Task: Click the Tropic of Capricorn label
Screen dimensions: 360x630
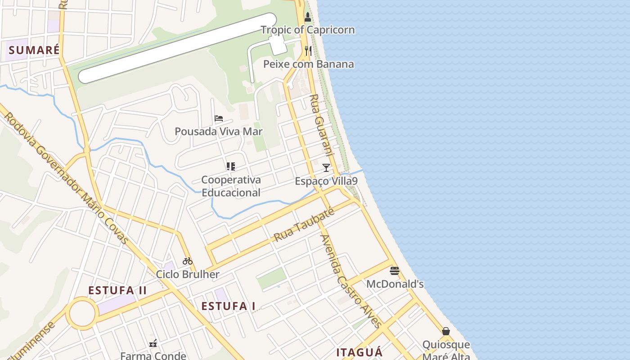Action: [308, 30]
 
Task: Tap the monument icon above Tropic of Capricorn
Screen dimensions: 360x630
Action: [308, 18]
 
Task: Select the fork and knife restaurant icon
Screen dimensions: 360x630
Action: [308, 50]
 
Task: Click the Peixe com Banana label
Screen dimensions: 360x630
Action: [308, 64]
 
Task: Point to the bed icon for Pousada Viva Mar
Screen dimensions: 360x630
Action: [219, 118]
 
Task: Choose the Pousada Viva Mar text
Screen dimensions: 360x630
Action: [219, 131]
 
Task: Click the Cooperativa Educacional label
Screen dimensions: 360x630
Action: [231, 186]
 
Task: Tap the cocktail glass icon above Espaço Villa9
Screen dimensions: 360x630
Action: [326, 168]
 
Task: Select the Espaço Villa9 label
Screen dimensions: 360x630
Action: [326, 181]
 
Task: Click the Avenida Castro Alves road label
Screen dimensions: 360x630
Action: [351, 281]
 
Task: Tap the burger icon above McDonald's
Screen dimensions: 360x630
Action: [395, 271]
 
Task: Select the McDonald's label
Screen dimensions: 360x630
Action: [395, 284]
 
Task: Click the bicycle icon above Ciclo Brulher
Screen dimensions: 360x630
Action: [188, 261]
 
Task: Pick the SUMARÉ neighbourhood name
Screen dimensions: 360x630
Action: [34, 50]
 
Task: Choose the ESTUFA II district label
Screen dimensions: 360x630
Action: [117, 290]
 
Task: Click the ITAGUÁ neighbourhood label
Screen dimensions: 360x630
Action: [360, 352]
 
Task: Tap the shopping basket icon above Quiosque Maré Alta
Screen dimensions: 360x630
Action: [446, 332]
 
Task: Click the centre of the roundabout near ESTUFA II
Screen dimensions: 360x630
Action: [82, 313]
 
